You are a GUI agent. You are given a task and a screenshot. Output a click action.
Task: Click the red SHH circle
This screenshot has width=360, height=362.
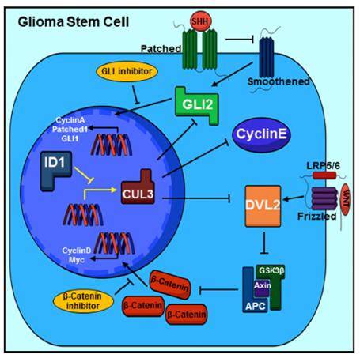coord(200,21)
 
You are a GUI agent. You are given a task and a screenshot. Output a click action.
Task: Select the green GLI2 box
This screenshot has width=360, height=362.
coord(197,105)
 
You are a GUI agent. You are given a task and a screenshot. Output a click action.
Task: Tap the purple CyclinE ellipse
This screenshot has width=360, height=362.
coord(261,134)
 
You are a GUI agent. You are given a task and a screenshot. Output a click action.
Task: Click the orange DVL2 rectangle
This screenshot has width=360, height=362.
coord(263,206)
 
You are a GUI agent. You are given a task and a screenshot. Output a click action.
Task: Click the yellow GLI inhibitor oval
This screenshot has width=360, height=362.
coord(127,71)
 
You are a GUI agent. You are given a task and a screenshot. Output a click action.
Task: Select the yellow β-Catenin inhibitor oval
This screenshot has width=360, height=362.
coord(83,301)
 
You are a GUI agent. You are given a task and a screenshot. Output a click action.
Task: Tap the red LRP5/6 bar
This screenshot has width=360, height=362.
coord(324,175)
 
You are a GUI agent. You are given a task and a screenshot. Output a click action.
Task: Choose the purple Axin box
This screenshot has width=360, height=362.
coord(262,288)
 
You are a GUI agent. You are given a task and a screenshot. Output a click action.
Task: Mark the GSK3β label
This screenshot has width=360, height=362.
coord(271,270)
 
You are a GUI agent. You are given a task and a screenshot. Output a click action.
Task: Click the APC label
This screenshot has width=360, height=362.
coord(256,306)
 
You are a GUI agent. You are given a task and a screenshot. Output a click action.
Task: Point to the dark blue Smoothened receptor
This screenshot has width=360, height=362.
coord(267,58)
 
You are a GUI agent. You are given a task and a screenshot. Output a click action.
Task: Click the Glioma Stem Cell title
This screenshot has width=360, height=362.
coord(74,22)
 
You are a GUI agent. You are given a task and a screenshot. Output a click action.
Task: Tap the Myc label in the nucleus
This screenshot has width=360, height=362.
coord(77,260)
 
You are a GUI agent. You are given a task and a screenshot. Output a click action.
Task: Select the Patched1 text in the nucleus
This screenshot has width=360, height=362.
coord(70,130)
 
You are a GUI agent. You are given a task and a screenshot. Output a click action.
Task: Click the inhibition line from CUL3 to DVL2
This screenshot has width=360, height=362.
coord(196,198)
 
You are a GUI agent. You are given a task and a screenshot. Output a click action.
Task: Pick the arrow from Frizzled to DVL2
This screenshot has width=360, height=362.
coord(293,198)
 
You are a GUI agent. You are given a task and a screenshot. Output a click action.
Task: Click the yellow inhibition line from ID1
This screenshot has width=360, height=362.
coord(84,175)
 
